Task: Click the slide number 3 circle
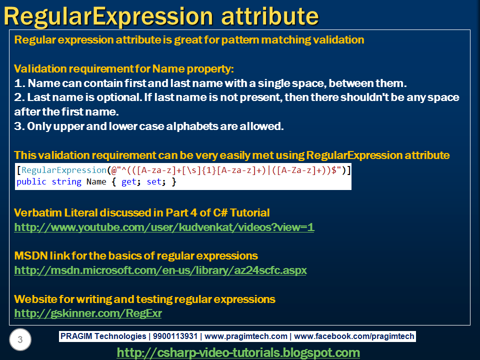20,340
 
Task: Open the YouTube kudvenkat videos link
164,227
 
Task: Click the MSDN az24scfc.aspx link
160,270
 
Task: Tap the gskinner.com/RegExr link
88,313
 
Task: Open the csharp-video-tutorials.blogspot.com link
238,352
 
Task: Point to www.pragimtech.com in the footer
246,336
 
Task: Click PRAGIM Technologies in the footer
102,336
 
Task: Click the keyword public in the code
31,182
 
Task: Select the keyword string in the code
66,182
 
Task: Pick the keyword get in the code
128,182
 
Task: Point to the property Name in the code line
96,182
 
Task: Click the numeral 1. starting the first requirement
18,83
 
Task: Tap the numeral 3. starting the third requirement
19,126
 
